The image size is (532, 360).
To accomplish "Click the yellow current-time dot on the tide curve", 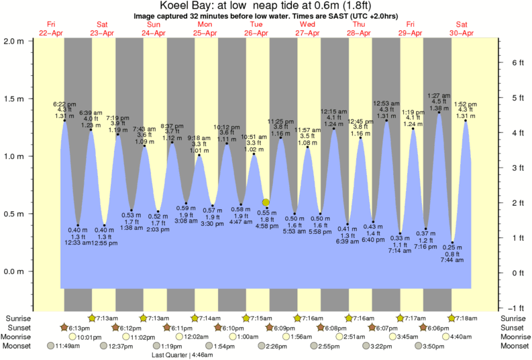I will pos(266,202).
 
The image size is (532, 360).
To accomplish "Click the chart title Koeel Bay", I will pos(266,6).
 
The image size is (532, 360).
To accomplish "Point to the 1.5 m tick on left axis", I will pos(14,98).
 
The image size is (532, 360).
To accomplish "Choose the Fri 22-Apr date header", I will pos(51,29).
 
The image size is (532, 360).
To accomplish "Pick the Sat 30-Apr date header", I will pos(460,29).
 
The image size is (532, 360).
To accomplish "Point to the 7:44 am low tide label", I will pos(454,253).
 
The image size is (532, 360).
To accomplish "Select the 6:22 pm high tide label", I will pos(64,110).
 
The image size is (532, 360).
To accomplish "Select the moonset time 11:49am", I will pos(64,346).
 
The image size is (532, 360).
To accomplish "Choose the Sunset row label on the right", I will pos(513,327).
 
